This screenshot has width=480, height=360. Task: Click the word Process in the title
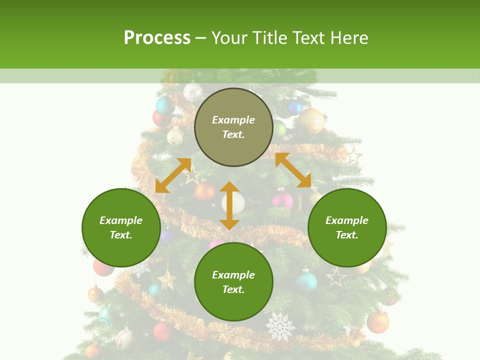point(157,38)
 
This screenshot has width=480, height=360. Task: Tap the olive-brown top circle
point(233,127)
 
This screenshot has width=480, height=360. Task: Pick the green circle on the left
point(121,227)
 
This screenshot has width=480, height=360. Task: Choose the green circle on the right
point(347,227)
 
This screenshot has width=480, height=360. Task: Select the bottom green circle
point(233,281)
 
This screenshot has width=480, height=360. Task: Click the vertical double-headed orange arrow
point(229,205)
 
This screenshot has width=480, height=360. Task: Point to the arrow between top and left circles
point(173,175)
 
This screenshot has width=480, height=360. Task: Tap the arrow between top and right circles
point(293,170)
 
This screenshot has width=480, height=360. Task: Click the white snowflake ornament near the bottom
point(280,326)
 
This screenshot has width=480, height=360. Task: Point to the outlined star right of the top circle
point(353,155)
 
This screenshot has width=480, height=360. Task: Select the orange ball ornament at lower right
point(378,322)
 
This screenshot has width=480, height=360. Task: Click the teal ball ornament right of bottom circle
point(306,281)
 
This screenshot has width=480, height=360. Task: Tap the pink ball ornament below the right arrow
point(283,201)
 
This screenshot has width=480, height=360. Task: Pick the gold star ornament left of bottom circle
point(167,278)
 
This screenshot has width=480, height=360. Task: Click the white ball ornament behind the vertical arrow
point(234,202)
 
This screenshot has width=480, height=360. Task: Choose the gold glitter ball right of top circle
point(311,120)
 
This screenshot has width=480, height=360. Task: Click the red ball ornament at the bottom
point(162,331)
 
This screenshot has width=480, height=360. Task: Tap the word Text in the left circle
point(121,235)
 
